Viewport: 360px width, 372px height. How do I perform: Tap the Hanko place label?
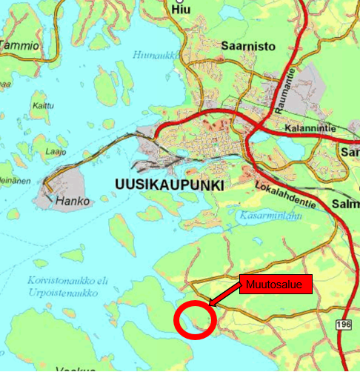pos(73,202)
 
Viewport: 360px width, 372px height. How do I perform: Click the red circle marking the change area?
pos(195,319)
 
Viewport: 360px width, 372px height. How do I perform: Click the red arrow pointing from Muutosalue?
pos(224,293)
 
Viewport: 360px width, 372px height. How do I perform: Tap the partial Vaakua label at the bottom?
pos(76,368)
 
